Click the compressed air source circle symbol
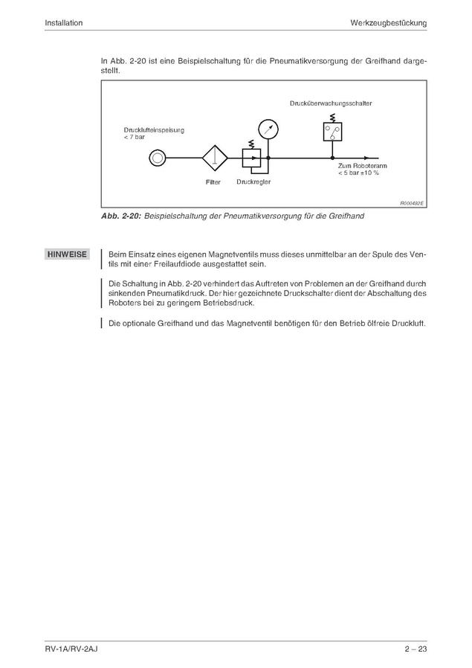[x=157, y=158]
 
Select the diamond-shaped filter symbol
[x=214, y=158]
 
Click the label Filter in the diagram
[x=213, y=182]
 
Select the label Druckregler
[x=253, y=182]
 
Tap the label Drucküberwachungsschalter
[x=331, y=103]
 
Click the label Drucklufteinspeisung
[x=154, y=130]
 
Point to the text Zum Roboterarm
[x=359, y=166]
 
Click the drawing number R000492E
[x=412, y=202]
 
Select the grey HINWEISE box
[x=67, y=254]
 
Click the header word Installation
[x=63, y=23]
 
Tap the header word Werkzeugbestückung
[x=388, y=23]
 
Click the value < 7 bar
[x=135, y=138]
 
